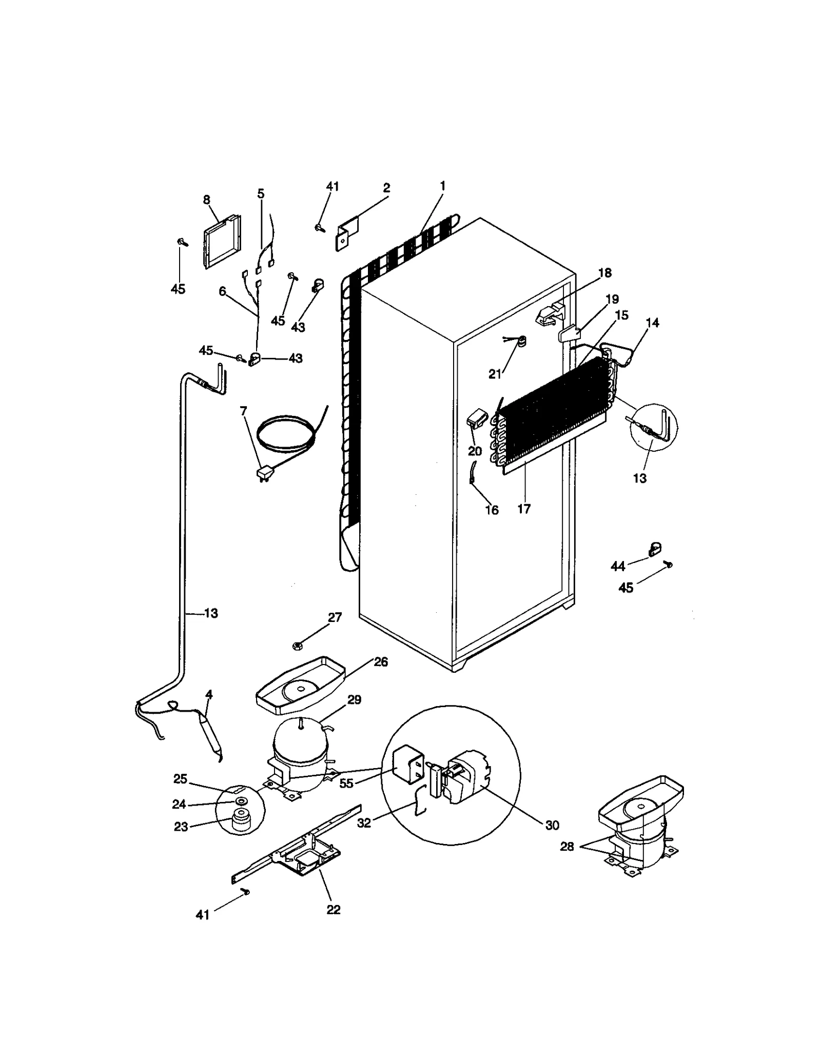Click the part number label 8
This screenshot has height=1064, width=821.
(x=206, y=199)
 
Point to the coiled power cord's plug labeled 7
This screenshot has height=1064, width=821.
(x=264, y=473)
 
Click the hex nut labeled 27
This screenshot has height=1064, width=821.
(x=297, y=646)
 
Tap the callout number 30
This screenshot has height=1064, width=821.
(x=552, y=825)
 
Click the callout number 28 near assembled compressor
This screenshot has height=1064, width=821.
(x=566, y=847)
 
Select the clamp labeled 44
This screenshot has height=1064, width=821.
(x=654, y=550)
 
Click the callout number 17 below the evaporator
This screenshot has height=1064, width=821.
(x=524, y=509)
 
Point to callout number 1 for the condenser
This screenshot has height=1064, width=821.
(x=442, y=186)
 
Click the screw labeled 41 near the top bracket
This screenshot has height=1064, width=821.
(x=320, y=227)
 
